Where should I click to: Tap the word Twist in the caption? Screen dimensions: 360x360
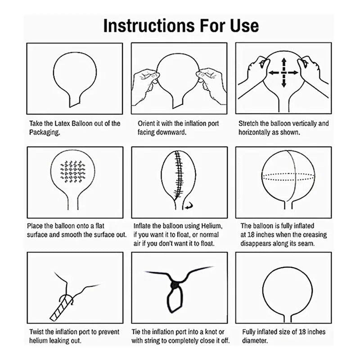(x=36, y=332)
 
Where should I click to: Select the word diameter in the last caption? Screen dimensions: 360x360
(x=255, y=341)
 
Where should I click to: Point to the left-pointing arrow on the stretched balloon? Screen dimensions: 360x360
(x=274, y=73)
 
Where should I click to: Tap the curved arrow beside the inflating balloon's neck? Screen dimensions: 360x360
(x=189, y=206)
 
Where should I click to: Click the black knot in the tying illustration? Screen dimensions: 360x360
(x=175, y=285)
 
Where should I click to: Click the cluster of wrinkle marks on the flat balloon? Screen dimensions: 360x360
(x=72, y=171)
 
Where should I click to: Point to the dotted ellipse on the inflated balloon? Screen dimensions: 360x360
(x=288, y=177)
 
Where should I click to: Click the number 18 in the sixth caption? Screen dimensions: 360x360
(x=251, y=234)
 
